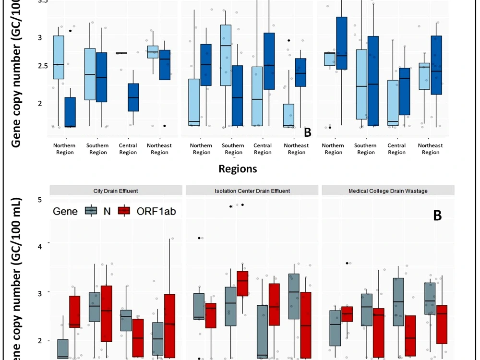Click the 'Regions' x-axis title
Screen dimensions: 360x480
238,169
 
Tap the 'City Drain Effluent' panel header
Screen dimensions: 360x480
115,191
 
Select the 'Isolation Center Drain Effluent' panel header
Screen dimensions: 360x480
252,191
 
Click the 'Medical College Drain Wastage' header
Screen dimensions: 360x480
389,191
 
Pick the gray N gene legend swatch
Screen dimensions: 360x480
90,211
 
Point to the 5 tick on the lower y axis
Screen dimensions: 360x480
40,199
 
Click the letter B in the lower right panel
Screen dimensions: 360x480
437,216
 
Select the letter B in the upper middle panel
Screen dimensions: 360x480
308,132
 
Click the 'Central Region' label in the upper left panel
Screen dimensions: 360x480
128,149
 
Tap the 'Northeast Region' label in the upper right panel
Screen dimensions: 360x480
430,149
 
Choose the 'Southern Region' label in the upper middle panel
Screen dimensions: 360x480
233,149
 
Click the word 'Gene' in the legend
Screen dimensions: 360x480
65,211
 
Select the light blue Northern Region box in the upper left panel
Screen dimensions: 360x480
59,57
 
